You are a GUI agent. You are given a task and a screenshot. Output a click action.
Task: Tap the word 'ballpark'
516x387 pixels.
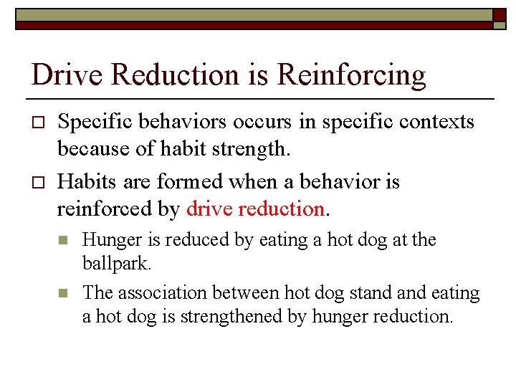(115, 264)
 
